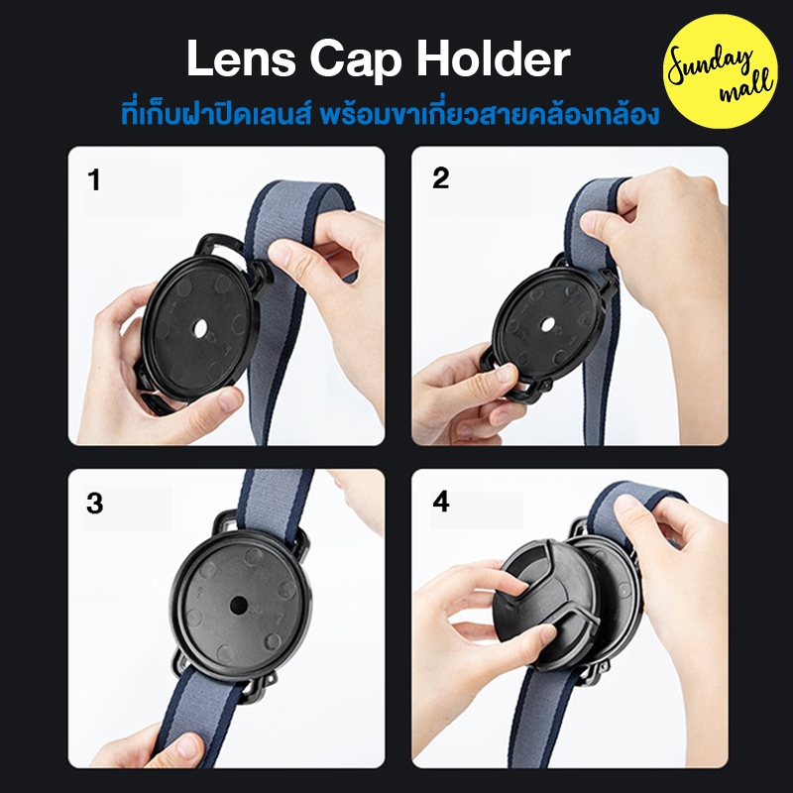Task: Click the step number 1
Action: click(94, 179)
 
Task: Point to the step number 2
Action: click(440, 178)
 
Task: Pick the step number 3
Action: click(94, 504)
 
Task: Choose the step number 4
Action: click(440, 502)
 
